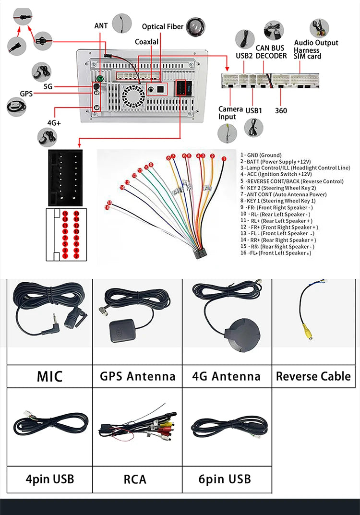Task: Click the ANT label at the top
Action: coord(101,25)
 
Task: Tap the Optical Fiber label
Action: coord(163,27)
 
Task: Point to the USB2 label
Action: coord(244,56)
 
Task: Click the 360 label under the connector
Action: coord(281,111)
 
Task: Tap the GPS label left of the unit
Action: coord(26,94)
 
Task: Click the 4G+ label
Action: coord(54,123)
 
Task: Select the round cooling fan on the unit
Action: coord(132,95)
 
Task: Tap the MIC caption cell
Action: coord(50,376)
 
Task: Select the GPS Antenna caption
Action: coord(137,376)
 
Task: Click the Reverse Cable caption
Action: coord(313,376)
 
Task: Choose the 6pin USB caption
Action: coord(225,479)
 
